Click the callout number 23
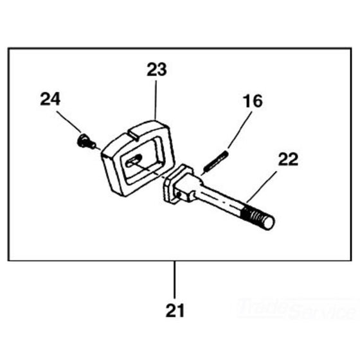click(x=157, y=69)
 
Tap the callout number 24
click(x=50, y=99)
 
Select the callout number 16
click(x=253, y=101)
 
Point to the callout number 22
click(x=288, y=159)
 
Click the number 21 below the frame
click(x=175, y=310)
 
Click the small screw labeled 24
click(x=86, y=141)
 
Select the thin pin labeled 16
click(x=215, y=161)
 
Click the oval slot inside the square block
click(x=134, y=161)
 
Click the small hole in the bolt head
click(x=179, y=195)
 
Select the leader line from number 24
click(x=69, y=122)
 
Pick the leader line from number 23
click(x=156, y=99)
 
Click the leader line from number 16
click(x=240, y=130)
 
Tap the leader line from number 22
click(x=261, y=186)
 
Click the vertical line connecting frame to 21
click(x=175, y=280)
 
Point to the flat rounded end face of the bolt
click(x=269, y=222)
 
